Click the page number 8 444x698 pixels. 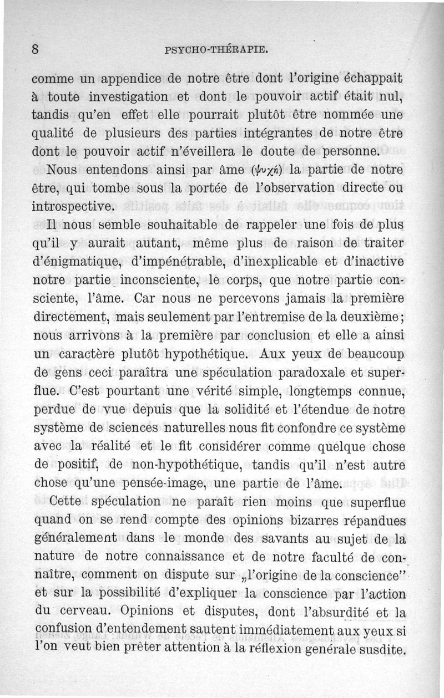click(x=36, y=49)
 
